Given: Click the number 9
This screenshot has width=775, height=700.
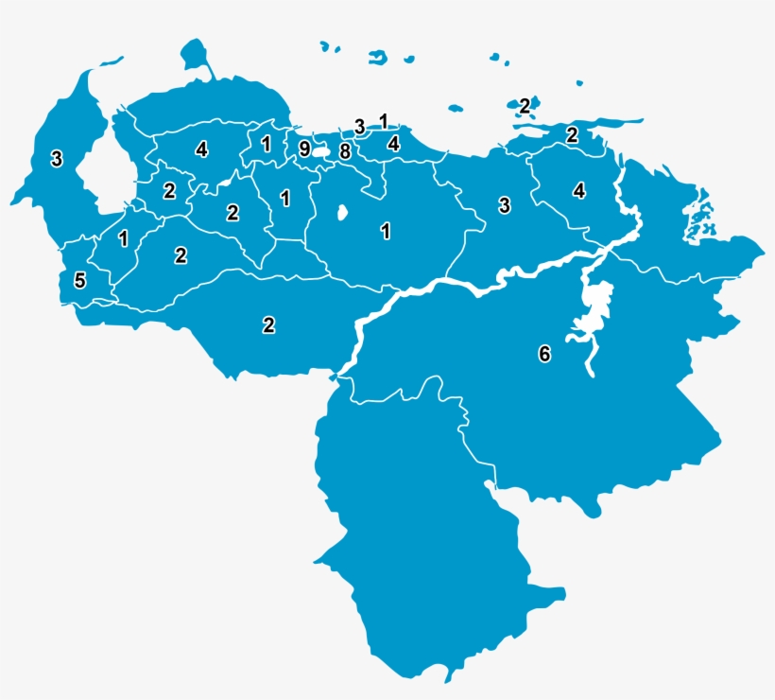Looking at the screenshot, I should point(303,149).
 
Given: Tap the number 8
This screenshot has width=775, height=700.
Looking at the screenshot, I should point(345,151).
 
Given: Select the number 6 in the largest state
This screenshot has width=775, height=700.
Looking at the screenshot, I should point(543,354).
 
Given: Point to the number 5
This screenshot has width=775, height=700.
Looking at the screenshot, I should point(79,281).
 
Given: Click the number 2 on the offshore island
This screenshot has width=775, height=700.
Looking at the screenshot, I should point(524,106).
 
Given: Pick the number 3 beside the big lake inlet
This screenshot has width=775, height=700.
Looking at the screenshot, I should point(57,158).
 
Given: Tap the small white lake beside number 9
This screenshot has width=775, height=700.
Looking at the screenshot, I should point(321,150).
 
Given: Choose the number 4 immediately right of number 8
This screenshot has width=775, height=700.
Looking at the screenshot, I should point(393,144).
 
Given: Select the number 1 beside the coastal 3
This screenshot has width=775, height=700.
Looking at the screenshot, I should point(383,120).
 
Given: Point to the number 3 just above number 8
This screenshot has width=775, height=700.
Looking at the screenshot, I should point(359,126).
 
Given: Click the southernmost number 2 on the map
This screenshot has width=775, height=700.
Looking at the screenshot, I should point(268,325).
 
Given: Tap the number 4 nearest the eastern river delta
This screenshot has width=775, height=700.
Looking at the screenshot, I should point(579,190).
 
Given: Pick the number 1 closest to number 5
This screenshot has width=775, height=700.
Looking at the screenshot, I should point(123,238).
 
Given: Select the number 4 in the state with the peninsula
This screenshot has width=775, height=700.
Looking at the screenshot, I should point(201,149).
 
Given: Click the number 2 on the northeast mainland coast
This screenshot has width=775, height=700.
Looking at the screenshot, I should point(572,134).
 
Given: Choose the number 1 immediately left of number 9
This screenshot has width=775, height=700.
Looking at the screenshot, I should point(266,145).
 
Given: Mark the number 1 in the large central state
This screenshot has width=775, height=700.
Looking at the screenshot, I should point(386,231).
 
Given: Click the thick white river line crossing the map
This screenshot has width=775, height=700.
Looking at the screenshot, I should point(444,284).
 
